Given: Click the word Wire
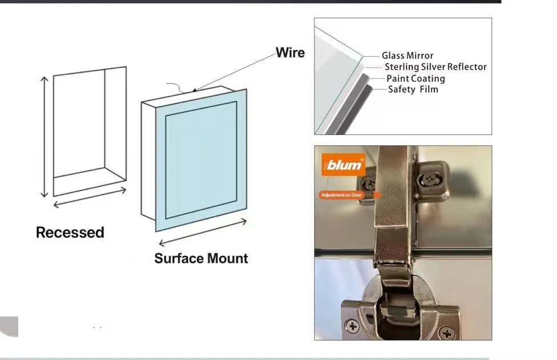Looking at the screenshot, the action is [290, 52].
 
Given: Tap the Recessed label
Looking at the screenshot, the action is [70, 232].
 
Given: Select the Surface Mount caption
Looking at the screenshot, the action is [201, 259].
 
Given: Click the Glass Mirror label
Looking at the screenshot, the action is [408, 56].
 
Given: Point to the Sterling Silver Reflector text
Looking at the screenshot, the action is [436, 67].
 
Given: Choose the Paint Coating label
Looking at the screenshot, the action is [416, 79].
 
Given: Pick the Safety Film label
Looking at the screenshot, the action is [413, 89].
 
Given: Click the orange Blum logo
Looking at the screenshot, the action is [343, 165].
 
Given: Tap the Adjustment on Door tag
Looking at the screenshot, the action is [341, 195].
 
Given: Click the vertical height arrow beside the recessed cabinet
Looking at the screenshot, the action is [44, 137].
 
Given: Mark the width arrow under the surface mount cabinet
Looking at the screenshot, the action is [202, 233].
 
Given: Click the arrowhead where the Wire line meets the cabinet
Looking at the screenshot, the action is [194, 90].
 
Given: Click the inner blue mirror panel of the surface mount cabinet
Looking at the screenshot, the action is [201, 160].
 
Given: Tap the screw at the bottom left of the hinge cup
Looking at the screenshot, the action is [353, 326].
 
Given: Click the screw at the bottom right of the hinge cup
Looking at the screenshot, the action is [446, 333].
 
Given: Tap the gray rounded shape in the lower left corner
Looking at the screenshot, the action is [9, 326].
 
